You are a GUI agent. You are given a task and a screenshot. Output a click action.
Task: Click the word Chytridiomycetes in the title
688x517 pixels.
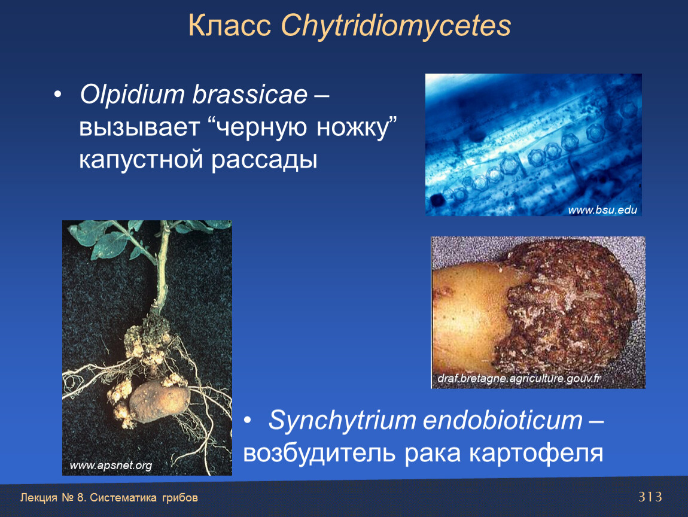click(396, 26)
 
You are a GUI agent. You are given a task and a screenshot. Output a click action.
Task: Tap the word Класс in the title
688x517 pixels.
click(230, 26)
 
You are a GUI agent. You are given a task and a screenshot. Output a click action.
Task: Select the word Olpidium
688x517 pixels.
click(132, 95)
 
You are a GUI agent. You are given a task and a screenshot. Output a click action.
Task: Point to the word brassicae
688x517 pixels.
click(250, 95)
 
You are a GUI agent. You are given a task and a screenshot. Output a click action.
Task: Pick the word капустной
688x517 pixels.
click(141, 160)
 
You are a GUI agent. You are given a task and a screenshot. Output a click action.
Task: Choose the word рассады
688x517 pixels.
click(264, 160)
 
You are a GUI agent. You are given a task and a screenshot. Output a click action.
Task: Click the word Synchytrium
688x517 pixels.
click(342, 421)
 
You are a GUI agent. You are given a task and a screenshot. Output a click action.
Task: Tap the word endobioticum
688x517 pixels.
click(503, 420)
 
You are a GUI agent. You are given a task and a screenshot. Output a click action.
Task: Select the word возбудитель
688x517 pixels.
click(319, 453)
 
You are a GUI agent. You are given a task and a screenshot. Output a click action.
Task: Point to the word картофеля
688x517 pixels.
click(536, 454)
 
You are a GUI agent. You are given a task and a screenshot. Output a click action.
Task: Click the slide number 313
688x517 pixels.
click(650, 497)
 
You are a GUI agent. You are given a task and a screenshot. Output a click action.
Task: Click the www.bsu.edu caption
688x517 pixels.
click(602, 210)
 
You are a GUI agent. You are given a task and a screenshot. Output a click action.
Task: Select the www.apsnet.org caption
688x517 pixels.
click(111, 465)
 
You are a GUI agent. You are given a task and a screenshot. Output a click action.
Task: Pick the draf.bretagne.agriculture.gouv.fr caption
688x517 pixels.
click(519, 378)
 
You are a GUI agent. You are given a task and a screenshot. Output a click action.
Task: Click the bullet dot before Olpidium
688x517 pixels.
click(57, 95)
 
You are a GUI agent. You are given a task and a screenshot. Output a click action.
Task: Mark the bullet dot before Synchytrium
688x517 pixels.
click(248, 421)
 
